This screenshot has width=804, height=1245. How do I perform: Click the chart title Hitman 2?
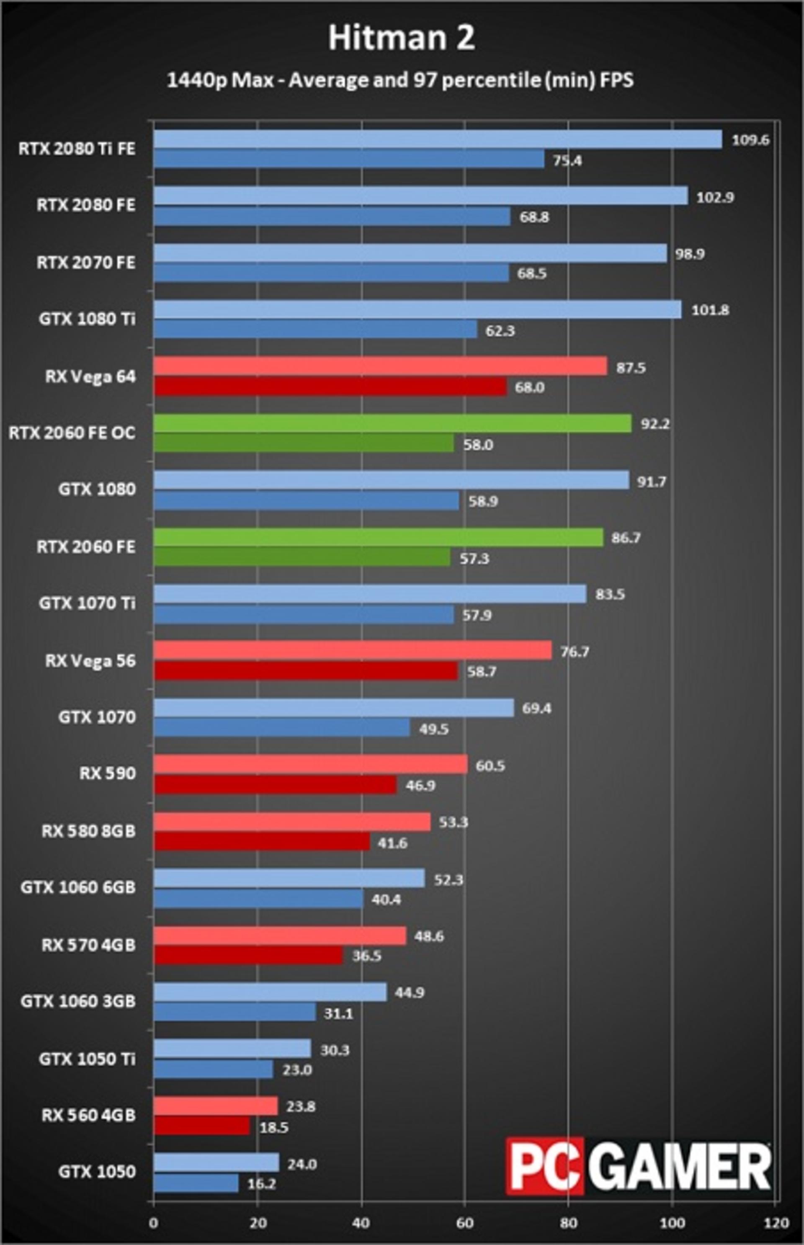pyautogui.click(x=402, y=38)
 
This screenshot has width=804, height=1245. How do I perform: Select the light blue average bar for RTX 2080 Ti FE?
pyautogui.click(x=438, y=139)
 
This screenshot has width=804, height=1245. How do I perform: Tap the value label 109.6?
pyautogui.click(x=750, y=140)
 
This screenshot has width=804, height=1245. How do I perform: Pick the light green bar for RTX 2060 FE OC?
pyautogui.click(x=393, y=424)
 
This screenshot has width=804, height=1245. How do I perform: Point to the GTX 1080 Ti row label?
pyautogui.click(x=87, y=318)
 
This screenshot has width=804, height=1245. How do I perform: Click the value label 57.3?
pyautogui.click(x=474, y=559)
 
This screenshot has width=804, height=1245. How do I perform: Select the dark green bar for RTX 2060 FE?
pyautogui.click(x=302, y=557)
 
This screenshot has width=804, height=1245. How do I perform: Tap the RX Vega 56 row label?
pyautogui.click(x=90, y=660)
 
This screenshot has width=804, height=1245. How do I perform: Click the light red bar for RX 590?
pyautogui.click(x=311, y=765)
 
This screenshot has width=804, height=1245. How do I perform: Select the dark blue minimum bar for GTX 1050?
pyautogui.click(x=196, y=1183)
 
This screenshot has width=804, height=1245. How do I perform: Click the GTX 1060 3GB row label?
pyautogui.click(x=78, y=1001)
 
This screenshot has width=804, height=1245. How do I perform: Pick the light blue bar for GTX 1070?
pyautogui.click(x=334, y=708)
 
